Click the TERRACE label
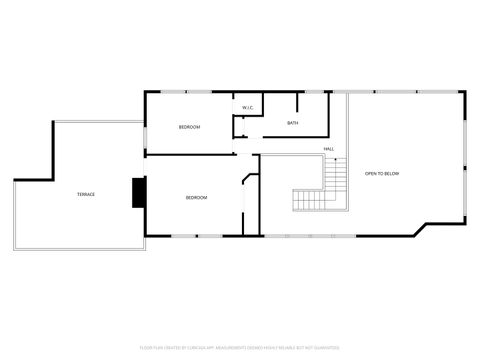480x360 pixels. coord(86,194)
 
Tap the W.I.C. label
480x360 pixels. coord(247,107)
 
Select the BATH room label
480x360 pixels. coord(292,123)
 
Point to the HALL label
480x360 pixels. coord(328,149)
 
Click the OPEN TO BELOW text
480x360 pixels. coord(381,174)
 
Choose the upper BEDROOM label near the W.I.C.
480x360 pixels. coord(189,127)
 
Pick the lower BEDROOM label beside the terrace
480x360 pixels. coord(196,197)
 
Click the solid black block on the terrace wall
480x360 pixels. coord(139,193)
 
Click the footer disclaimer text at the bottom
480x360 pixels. coord(240,349)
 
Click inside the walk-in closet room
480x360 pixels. coord(247,116)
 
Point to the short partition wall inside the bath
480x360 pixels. coord(296,102)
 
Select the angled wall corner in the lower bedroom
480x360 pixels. coord(249,177)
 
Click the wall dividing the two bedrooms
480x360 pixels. coord(190,154)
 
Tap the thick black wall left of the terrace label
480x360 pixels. coord(14,216)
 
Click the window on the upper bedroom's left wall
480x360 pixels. coord(147,125)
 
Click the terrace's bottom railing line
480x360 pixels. coord(80,250)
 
